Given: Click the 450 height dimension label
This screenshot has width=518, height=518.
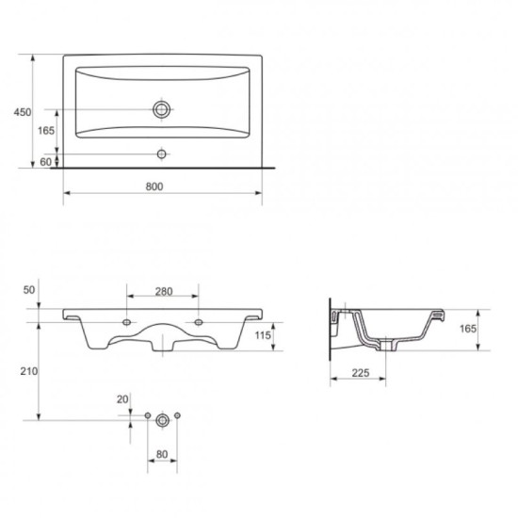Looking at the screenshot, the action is (x=23, y=112).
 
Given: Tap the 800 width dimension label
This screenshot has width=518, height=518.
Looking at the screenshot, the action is (x=154, y=186).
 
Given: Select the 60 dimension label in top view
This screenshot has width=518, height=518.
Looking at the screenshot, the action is (x=45, y=162).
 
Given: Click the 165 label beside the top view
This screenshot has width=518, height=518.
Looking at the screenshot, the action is (x=46, y=131).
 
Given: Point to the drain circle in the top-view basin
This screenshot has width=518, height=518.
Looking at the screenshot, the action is (x=162, y=109).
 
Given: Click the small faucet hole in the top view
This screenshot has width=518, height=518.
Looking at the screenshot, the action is (x=162, y=154).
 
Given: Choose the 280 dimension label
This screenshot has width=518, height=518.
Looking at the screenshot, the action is (x=164, y=291).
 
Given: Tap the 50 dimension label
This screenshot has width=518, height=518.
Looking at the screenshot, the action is (x=29, y=290).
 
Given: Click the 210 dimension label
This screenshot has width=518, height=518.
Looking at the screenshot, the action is (x=29, y=371).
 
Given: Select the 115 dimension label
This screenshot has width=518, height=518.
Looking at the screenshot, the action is (x=263, y=335).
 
